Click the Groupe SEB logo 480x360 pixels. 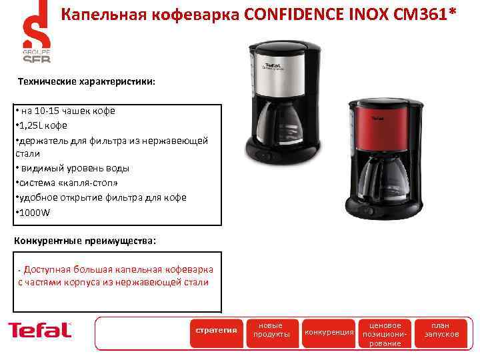pyautogui.click(x=36, y=33)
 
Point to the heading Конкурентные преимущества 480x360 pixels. pyautogui.click(x=85, y=241)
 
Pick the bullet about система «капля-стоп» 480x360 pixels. pyautogui.click(x=70, y=183)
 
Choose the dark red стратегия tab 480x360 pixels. pyautogui.click(x=215, y=330)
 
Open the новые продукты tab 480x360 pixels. pyautogui.click(x=270, y=330)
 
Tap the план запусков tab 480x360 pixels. pyautogui.click(x=441, y=330)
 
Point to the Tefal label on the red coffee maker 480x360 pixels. pyautogui.click(x=377, y=119)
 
